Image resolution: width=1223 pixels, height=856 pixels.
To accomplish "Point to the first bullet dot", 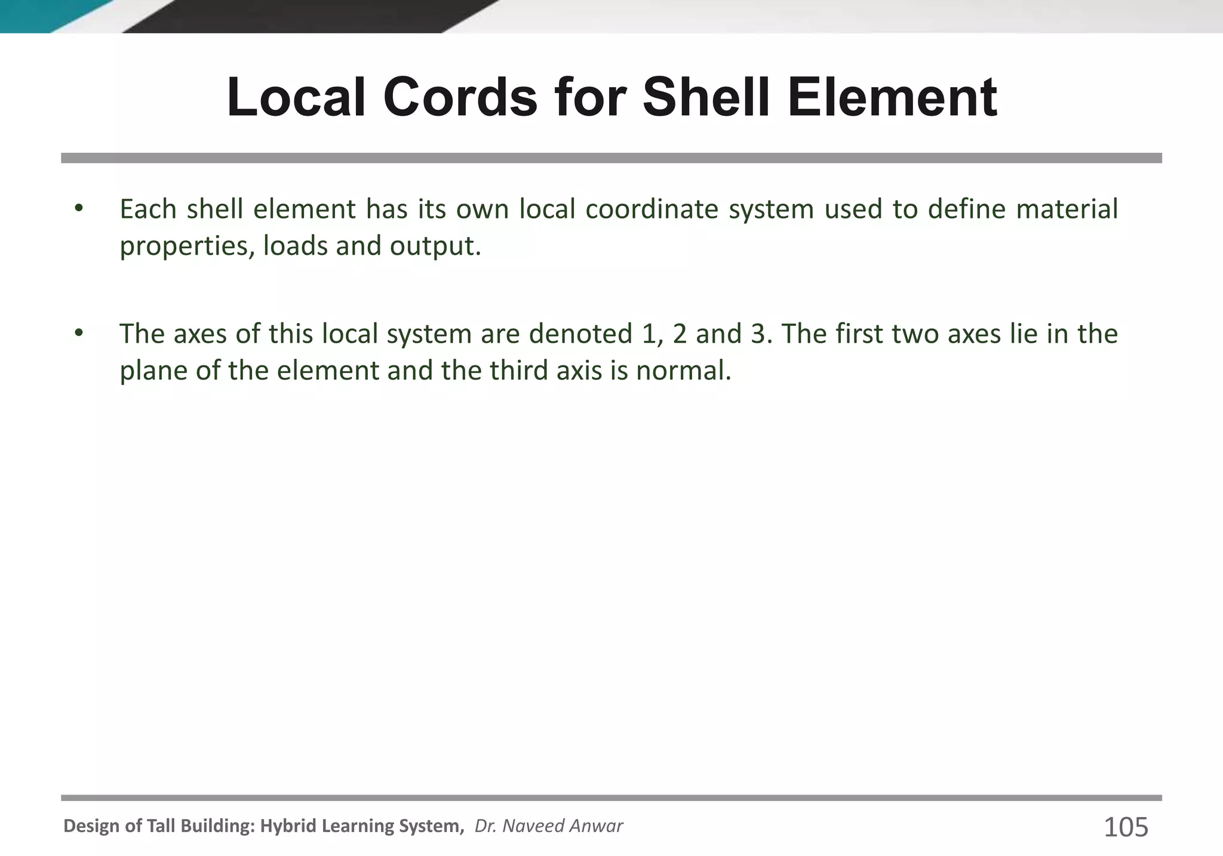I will [78, 208].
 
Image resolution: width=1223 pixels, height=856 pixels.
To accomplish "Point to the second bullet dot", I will [78, 333].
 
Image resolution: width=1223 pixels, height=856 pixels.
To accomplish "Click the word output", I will [435, 247].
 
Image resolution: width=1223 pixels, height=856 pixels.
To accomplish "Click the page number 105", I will [1126, 827].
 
